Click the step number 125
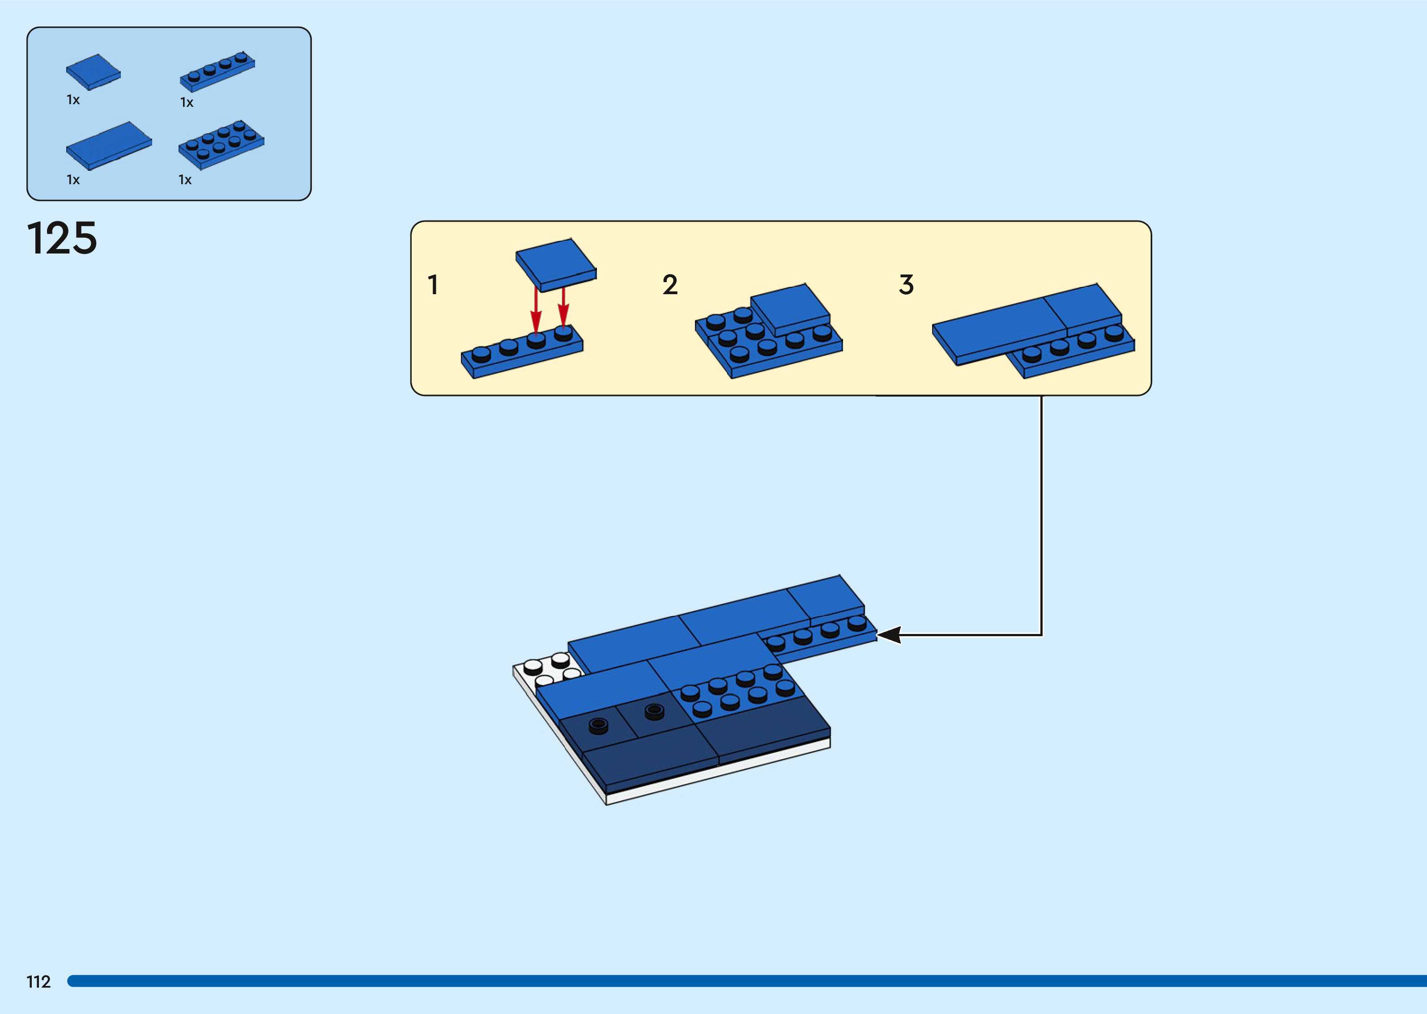[62, 238]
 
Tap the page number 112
[38, 981]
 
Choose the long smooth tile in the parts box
[109, 145]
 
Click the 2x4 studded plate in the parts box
[221, 144]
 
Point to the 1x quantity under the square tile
[73, 100]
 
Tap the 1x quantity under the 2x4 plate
[185, 180]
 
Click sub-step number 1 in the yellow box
[432, 285]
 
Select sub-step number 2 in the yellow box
[670, 285]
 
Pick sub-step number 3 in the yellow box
[906, 285]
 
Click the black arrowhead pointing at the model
[888, 635]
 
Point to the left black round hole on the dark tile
[599, 725]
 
